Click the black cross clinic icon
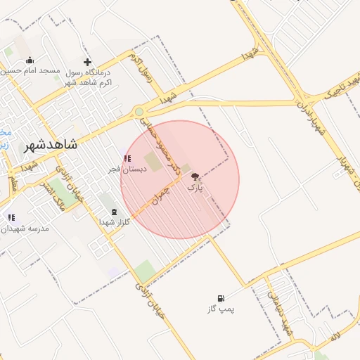87,61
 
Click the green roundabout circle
139,111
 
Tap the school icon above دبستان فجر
127,158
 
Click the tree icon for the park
195,178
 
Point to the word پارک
195,188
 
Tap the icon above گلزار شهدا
113,211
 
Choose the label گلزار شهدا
112,222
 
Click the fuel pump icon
221,298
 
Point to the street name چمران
162,189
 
